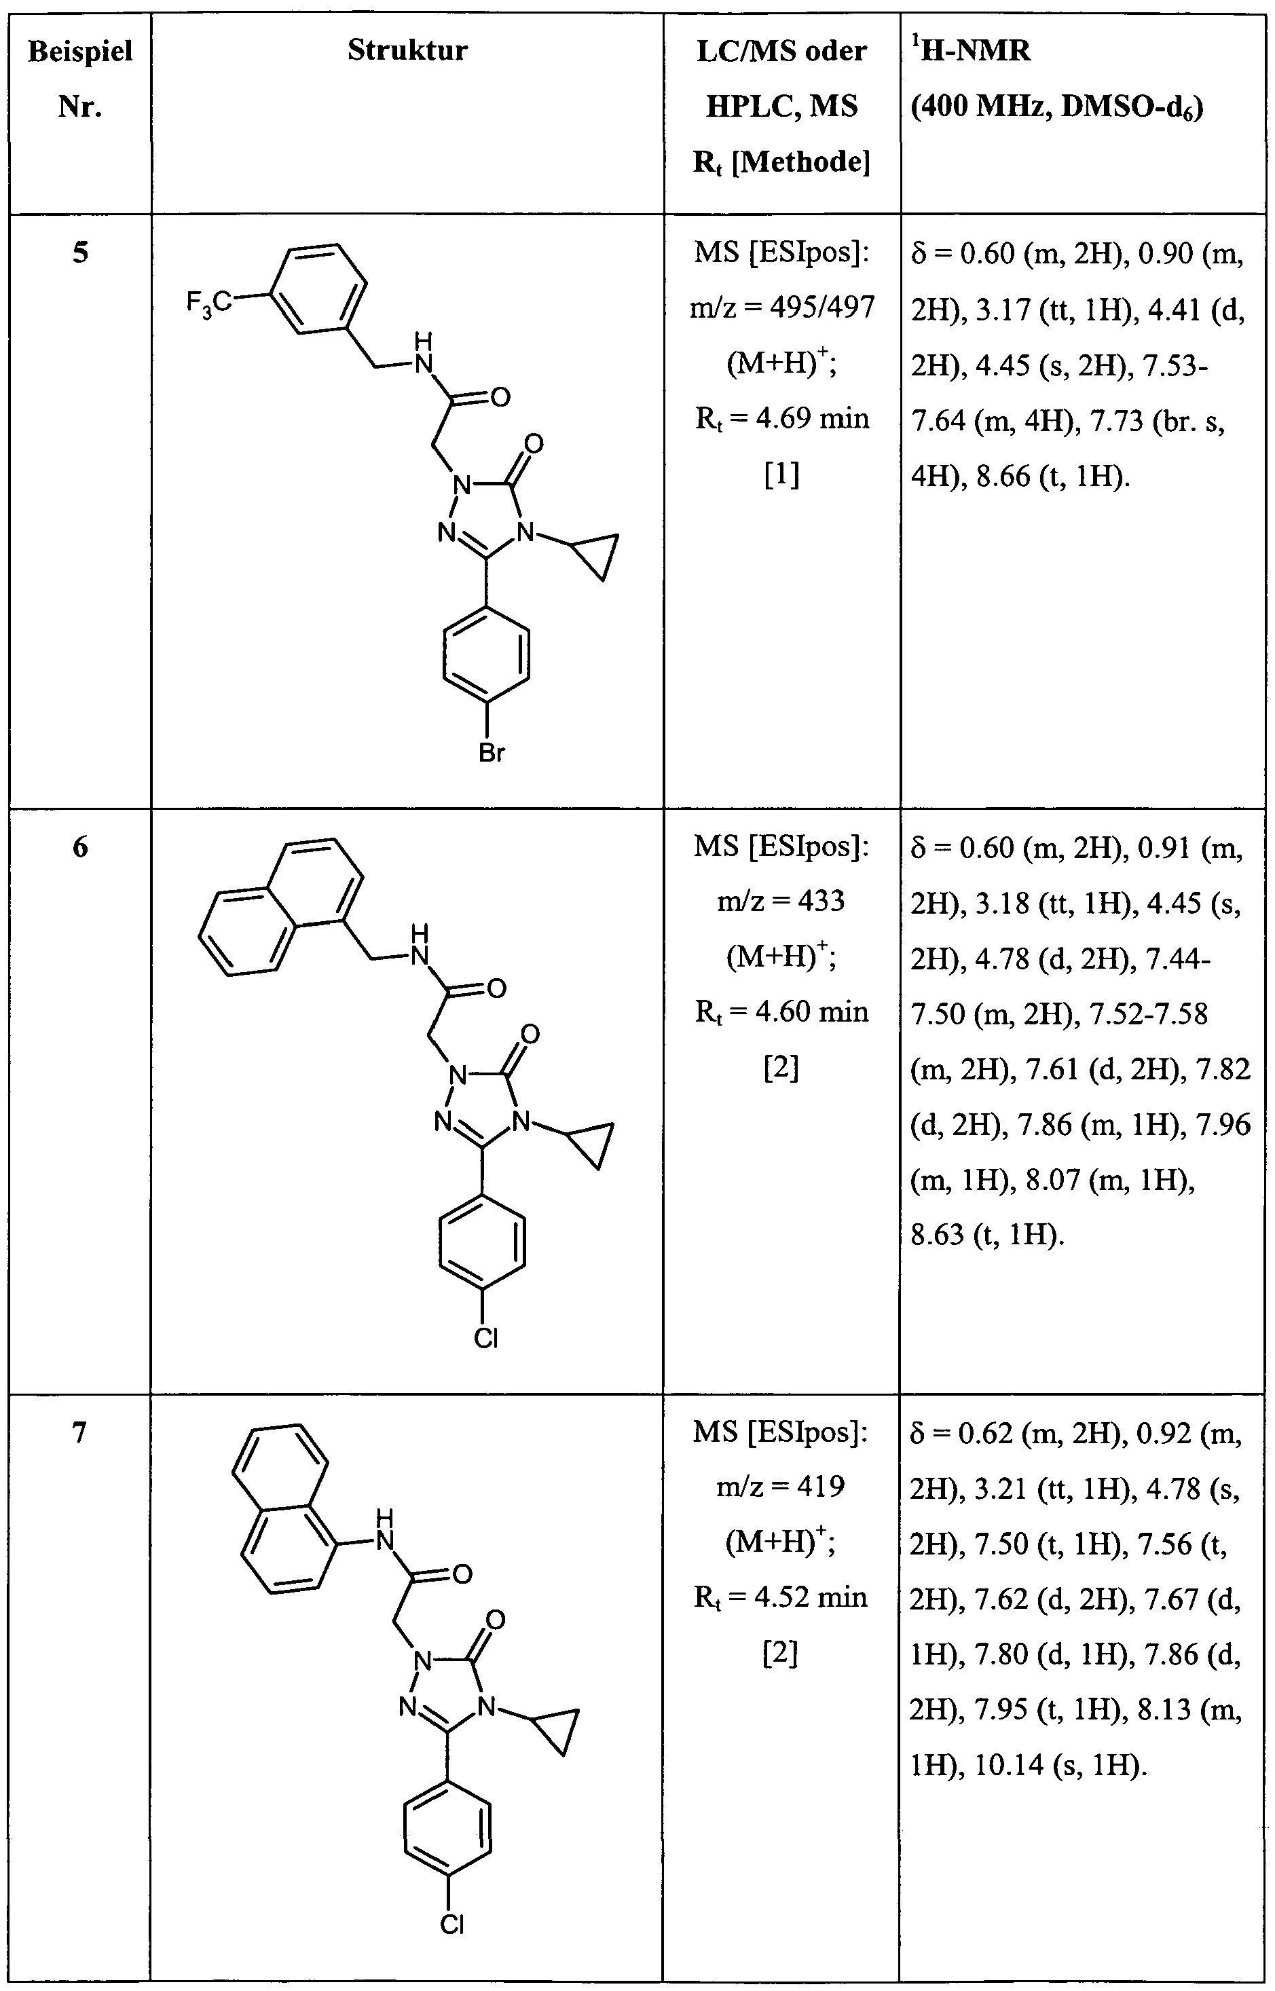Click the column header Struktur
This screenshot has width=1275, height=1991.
click(x=407, y=50)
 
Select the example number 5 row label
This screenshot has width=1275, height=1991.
click(x=79, y=253)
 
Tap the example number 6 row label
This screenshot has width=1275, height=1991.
click(x=79, y=847)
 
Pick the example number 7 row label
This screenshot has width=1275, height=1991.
click(x=79, y=1432)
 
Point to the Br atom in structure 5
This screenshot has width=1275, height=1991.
click(x=492, y=753)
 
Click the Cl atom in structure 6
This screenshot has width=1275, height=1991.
click(x=486, y=1338)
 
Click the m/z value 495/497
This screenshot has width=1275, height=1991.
click(x=822, y=308)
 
